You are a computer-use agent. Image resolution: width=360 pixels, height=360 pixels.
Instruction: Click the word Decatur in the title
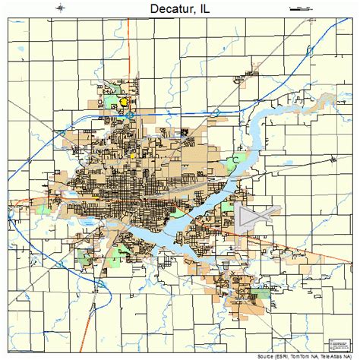coord(164,9)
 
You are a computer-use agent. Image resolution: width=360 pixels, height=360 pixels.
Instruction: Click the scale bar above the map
coord(300,8)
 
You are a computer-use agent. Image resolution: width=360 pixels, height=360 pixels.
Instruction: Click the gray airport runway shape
coord(250,219)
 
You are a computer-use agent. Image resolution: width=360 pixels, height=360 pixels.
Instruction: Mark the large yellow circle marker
coord(124,100)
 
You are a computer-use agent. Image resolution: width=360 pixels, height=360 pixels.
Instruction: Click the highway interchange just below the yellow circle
coord(129,115)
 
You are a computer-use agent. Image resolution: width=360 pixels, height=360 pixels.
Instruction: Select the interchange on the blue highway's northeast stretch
coord(216,111)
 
